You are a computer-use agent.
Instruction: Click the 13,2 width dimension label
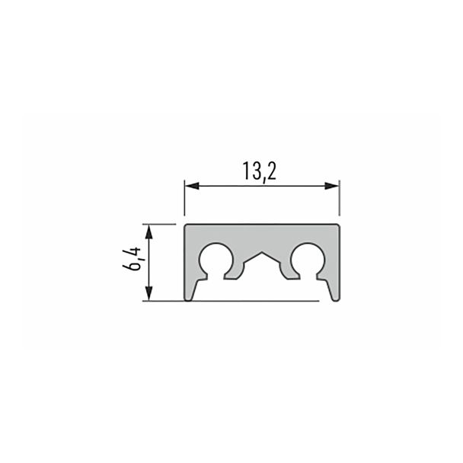pos(260,171)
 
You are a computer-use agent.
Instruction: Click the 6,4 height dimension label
pos(132,259)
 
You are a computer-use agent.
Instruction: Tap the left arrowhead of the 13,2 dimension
pos(191,186)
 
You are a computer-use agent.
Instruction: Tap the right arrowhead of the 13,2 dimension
pos(332,186)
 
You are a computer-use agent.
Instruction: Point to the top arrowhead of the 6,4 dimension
pos(149,231)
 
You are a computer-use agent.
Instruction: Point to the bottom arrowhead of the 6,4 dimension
pos(149,293)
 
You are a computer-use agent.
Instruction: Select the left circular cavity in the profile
pos(216,260)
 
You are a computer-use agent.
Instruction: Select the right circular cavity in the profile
pos(308,260)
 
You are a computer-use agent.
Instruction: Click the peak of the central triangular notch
pos(262,252)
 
